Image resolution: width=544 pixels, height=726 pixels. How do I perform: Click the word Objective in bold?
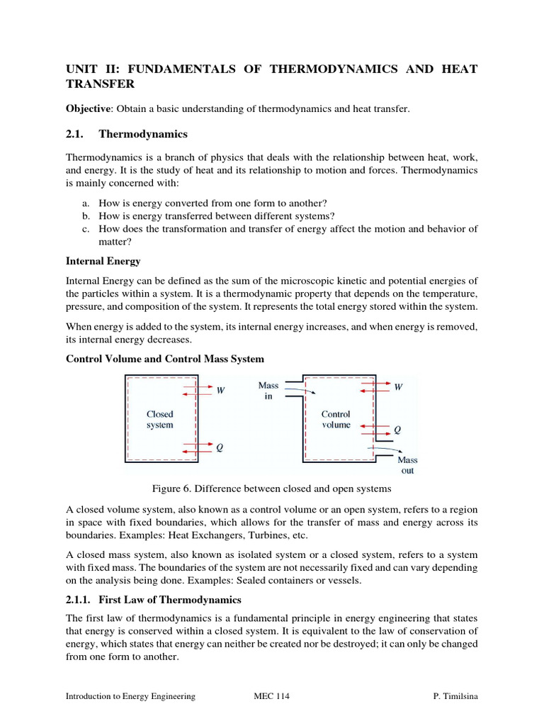(89, 108)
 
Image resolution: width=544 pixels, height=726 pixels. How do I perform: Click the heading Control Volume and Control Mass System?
(165, 359)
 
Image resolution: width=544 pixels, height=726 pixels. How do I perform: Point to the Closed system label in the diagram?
(159, 419)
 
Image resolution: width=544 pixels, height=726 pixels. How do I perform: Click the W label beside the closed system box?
(220, 391)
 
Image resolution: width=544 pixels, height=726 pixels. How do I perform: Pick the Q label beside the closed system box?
(220, 447)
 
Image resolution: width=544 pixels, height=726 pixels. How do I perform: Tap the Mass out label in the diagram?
(407, 465)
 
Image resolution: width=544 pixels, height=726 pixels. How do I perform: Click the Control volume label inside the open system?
(336, 419)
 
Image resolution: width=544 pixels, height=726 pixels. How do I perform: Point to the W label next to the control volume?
(398, 387)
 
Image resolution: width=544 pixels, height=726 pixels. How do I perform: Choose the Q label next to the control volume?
(397, 430)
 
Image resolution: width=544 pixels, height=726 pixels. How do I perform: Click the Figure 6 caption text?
(271, 489)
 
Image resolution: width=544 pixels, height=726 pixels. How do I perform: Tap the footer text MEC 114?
(271, 696)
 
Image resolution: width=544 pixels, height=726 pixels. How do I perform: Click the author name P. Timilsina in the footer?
(455, 696)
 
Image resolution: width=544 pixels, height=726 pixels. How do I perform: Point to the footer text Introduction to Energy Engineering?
(130, 696)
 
